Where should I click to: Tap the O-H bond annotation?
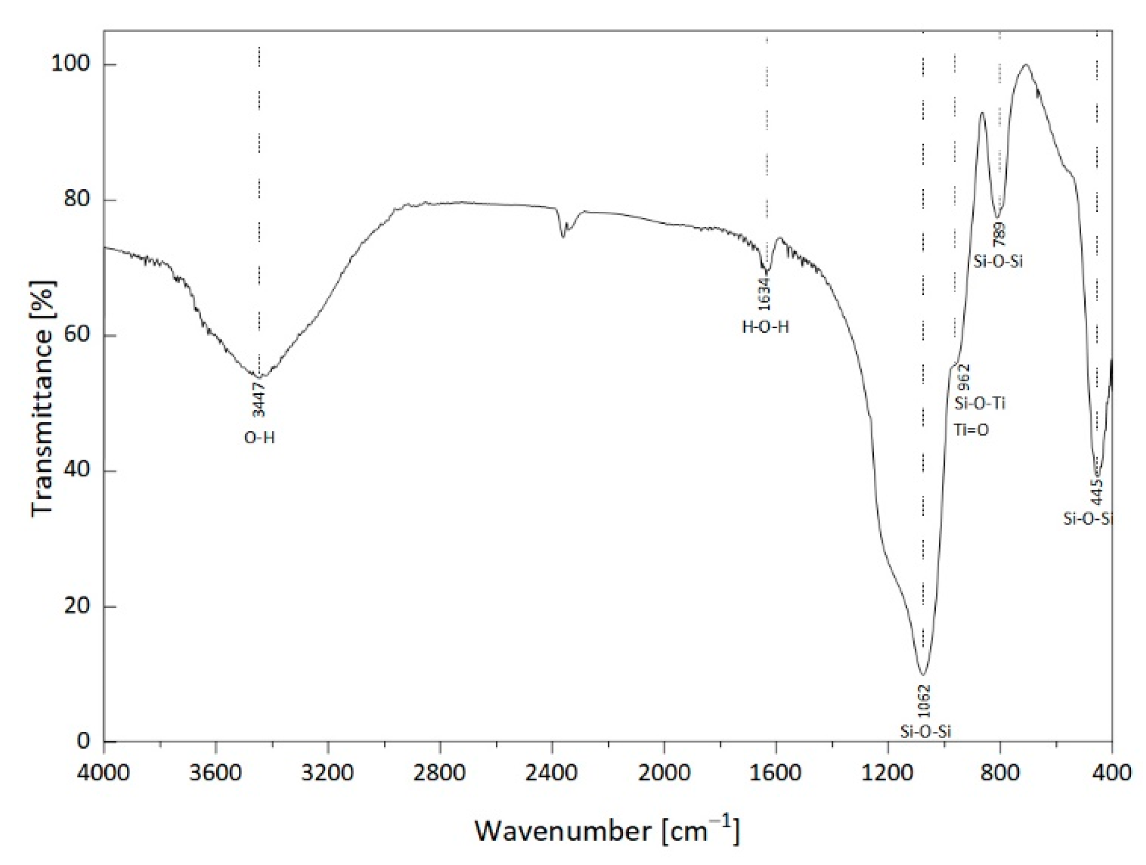click(x=259, y=438)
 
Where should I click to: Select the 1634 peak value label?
click(x=765, y=293)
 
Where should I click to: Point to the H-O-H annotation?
click(x=765, y=327)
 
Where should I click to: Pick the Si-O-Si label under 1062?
click(x=925, y=732)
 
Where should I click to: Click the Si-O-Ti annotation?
click(x=980, y=403)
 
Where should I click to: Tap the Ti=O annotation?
click(x=971, y=430)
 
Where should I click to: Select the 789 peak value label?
click(x=999, y=235)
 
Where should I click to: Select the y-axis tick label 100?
click(x=70, y=64)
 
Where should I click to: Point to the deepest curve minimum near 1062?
click(x=923, y=674)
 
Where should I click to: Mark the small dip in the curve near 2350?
click(x=563, y=236)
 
